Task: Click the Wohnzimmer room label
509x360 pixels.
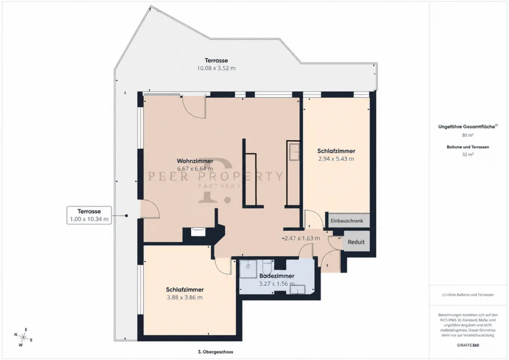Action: [195, 161]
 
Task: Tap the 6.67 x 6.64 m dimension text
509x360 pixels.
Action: [195, 169]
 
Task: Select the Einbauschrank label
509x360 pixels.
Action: [347, 221]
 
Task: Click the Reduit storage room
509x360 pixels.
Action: [356, 242]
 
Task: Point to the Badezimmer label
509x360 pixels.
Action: [277, 276]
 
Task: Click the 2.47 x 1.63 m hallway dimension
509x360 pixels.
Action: [302, 238]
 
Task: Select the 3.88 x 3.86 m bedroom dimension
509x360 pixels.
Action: [185, 297]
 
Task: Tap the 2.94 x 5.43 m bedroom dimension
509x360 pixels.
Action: [336, 159]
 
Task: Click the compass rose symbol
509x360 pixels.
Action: [23, 337]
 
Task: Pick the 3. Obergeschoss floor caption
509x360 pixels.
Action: [215, 351]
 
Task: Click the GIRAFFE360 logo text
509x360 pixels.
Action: [468, 345]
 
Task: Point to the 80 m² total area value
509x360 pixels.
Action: [468, 135]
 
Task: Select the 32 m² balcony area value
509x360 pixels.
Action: [468, 154]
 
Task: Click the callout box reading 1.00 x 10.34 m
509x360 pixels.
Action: [89, 215]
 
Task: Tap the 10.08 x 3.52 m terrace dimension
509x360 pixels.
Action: [216, 68]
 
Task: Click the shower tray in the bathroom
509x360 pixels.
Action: [248, 269]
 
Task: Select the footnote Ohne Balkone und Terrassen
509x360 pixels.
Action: [468, 295]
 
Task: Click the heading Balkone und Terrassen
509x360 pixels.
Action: [468, 147]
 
